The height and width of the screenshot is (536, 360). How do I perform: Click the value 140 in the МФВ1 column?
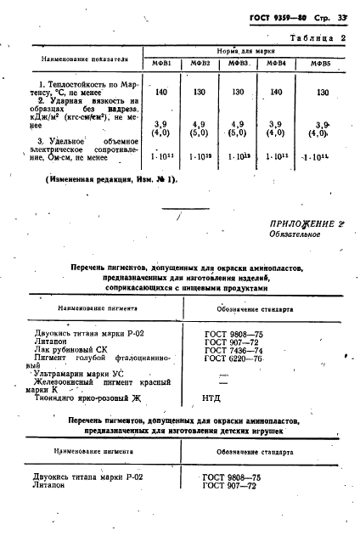tap(161, 90)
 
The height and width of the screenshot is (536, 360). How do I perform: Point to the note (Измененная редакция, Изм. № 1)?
tap(110, 179)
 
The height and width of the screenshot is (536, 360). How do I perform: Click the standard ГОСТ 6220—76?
tap(233, 359)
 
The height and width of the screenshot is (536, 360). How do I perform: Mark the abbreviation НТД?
tap(214, 396)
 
